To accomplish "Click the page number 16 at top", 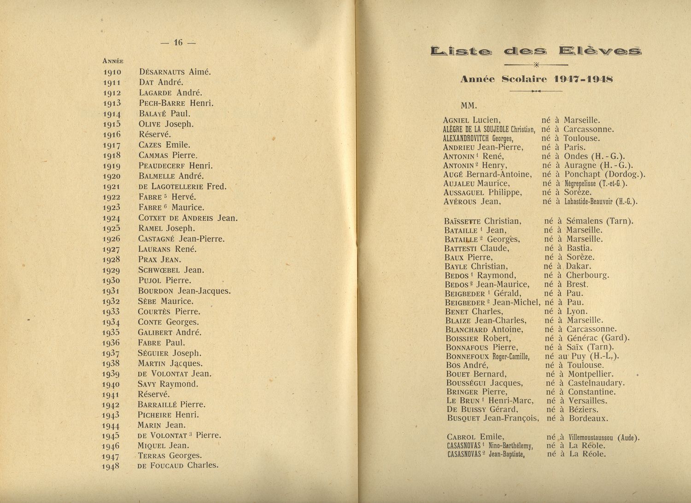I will [x=178, y=43].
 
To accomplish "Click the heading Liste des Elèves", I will [x=536, y=51].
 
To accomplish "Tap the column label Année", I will [x=112, y=61].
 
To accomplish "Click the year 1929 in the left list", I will [x=111, y=271].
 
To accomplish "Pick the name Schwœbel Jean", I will [x=171, y=270].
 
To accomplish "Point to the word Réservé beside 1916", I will [x=155, y=135].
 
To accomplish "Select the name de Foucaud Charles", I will [x=178, y=465].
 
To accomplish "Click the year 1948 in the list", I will [x=111, y=466].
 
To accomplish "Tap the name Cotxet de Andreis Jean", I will [x=187, y=218].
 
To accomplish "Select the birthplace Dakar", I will [x=578, y=266].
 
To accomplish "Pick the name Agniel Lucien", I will [x=472, y=120].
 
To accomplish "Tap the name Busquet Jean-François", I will [x=492, y=418].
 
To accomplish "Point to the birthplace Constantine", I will [x=591, y=392].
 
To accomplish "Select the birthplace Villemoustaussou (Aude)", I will [x=604, y=438].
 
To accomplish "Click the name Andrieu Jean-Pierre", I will [x=483, y=147].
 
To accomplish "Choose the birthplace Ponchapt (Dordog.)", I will [x=604, y=174].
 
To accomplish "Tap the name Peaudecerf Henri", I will [x=176, y=166].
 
